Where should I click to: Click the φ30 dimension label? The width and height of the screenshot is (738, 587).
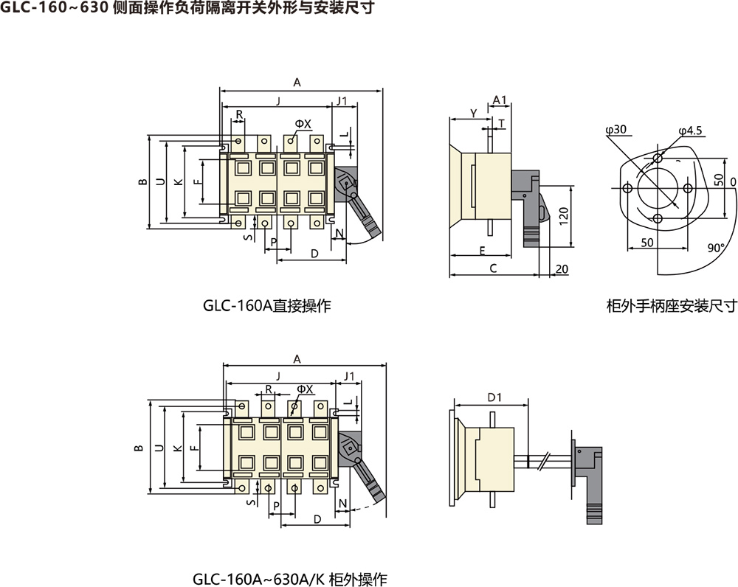tap(615, 130)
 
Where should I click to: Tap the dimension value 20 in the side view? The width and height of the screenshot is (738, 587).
tap(561, 269)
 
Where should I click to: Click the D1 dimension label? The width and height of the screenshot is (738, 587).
tap(494, 397)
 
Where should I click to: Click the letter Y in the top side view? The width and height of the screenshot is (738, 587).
tap(473, 112)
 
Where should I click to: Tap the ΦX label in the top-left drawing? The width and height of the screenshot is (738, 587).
tap(303, 122)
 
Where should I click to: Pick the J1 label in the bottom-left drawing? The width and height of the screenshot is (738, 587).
tap(349, 375)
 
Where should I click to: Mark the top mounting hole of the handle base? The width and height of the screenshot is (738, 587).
tap(658, 159)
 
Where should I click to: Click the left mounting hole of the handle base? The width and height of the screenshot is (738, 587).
tap(627, 189)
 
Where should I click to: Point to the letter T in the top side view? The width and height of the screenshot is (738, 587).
tap(502, 123)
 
